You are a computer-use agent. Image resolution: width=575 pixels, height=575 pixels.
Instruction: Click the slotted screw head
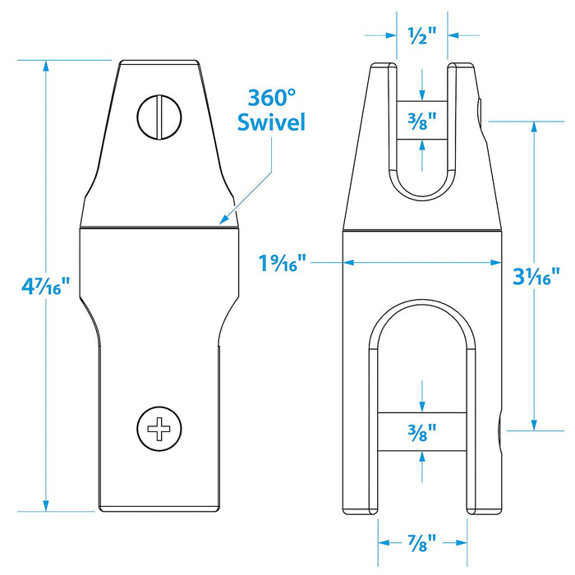pyautogui.click(x=159, y=117)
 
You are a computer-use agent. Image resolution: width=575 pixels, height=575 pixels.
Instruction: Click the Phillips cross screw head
pyautogui.click(x=159, y=428)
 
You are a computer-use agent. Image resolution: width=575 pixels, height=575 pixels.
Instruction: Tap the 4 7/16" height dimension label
pyautogui.click(x=45, y=286)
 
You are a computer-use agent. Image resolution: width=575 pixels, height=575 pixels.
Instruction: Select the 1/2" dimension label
pyautogui.click(x=422, y=35)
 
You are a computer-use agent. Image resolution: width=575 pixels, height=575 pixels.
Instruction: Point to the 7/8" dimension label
pyautogui.click(x=422, y=543)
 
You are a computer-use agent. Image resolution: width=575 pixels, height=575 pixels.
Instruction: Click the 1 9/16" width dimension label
pyautogui.click(x=282, y=263)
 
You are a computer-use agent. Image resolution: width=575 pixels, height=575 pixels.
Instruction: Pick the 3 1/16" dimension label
pyautogui.click(x=536, y=276)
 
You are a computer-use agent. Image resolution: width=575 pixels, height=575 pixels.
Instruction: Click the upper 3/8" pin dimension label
pyautogui.click(x=422, y=121)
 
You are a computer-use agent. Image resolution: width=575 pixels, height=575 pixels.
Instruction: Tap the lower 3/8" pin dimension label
pyautogui.click(x=422, y=432)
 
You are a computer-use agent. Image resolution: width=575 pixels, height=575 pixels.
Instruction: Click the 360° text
pyautogui.click(x=271, y=98)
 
